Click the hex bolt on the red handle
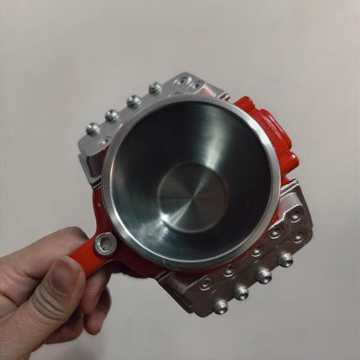[x=106, y=245]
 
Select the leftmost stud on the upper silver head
[x=93, y=128]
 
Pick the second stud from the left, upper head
[x=112, y=115]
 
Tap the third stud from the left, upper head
[x=134, y=101]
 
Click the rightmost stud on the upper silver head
[x=156, y=88]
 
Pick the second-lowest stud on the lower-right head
[x=241, y=292]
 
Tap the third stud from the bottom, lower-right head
[x=264, y=276]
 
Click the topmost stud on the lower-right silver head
[x=285, y=259]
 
